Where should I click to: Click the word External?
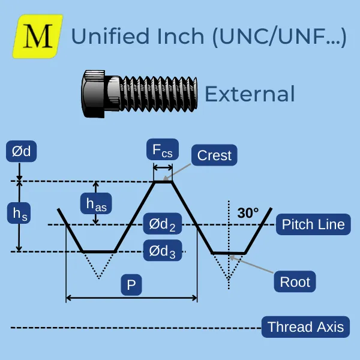(250, 94)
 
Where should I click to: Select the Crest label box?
(214, 155)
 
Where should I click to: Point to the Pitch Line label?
(314, 224)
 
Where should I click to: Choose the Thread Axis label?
(305, 327)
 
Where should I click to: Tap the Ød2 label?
(163, 225)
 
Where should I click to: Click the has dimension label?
(96, 203)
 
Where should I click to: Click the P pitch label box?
(131, 285)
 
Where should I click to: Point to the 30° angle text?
(248, 212)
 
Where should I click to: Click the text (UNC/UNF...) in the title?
(278, 36)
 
